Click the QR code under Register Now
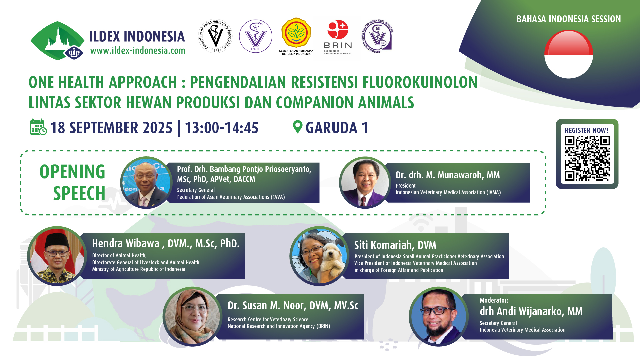coord(587,158)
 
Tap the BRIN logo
coord(338,37)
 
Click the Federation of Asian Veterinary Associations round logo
coord(216,36)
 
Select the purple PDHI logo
coord(256,36)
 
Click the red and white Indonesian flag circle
coord(569,54)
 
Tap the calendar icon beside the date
coord(38,127)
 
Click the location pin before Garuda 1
coord(297,127)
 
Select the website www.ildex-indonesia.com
coord(138,51)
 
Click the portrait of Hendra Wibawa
coord(57,256)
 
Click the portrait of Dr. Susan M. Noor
coord(193,316)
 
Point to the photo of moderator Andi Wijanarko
coord(439,316)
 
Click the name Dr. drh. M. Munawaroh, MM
coord(448,175)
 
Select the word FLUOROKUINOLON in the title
coord(420,82)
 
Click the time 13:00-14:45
coord(222,128)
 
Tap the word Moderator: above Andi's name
coord(494,300)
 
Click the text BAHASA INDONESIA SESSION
coord(569,19)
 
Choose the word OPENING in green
coord(72,172)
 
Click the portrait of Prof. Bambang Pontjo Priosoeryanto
coord(146,183)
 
